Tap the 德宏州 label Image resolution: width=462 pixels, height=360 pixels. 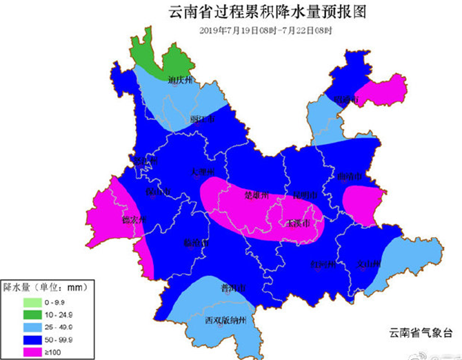tap(135, 220)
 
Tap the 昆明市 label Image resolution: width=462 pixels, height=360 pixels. tap(305, 195)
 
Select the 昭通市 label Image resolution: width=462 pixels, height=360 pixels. tap(346, 101)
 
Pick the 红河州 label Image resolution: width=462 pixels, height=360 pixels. tap(323, 263)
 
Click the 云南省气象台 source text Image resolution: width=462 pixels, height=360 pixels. tap(420, 332)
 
